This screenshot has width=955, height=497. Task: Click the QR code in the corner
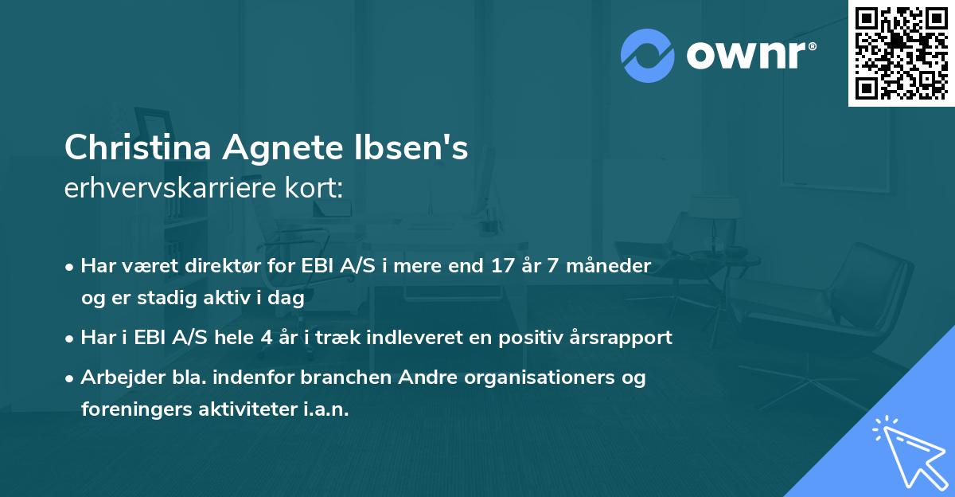coord(901,53)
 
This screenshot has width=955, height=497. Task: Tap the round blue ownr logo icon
coord(647,55)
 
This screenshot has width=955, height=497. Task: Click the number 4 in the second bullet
coord(267,337)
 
